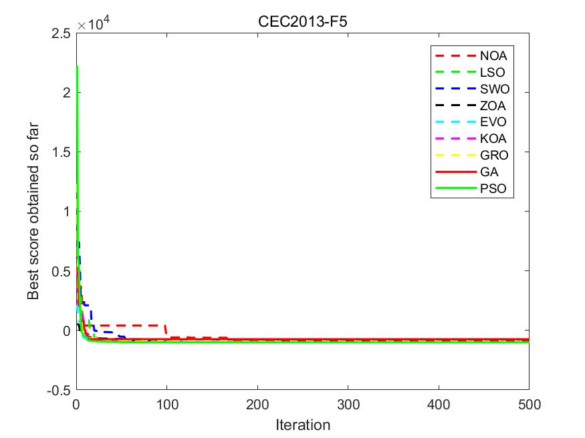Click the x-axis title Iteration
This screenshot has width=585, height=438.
[x=303, y=425]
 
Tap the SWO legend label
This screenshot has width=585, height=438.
[x=493, y=89]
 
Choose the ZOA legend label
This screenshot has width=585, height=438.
[x=493, y=105]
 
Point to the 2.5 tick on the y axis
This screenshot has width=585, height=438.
[x=62, y=33]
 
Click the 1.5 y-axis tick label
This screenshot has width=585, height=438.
[x=62, y=152]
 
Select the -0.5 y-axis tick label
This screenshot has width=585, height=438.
[x=60, y=390]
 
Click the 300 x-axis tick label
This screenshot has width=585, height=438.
[x=348, y=404]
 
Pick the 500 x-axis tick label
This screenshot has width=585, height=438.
[x=528, y=404]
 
